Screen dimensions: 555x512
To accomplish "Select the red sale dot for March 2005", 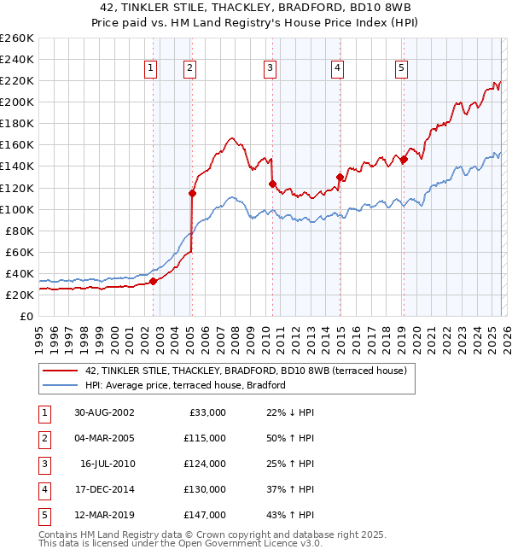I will coord(192,193).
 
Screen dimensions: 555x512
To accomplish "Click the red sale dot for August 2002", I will coord(154,281).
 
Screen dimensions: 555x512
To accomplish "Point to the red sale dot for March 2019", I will coord(404,159).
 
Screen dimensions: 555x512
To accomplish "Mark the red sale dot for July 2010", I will coord(272,184).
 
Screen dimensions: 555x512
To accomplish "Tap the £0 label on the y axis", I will coord(26,316).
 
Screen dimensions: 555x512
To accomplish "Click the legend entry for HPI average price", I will coord(184,385).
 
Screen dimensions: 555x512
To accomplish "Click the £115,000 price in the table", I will coord(205,438).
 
